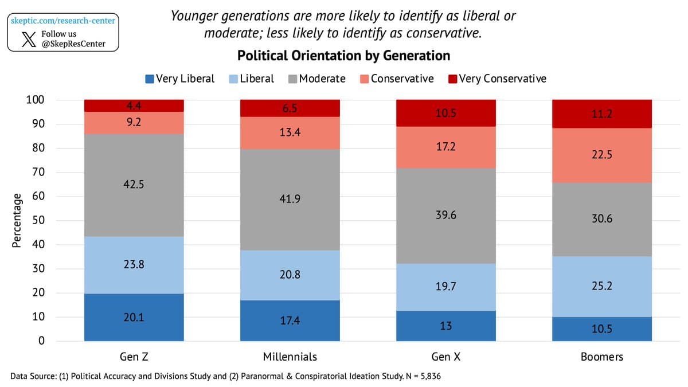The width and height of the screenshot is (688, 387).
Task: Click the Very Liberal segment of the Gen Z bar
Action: (x=134, y=317)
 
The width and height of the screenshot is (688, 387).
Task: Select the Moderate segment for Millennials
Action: (x=290, y=200)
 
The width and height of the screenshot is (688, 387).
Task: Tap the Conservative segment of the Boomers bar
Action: (x=601, y=155)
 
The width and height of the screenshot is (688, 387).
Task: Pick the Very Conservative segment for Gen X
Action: (x=445, y=113)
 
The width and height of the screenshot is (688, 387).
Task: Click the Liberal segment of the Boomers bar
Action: (x=601, y=286)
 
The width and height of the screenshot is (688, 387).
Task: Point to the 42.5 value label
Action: (x=134, y=185)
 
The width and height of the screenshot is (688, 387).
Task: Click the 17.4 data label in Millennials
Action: (x=290, y=321)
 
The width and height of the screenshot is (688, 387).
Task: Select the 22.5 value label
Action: (x=601, y=155)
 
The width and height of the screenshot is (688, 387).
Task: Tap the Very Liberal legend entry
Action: (x=180, y=79)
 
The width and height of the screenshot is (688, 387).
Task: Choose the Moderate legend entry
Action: (x=316, y=79)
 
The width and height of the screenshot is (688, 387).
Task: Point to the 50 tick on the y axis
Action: (x=36, y=221)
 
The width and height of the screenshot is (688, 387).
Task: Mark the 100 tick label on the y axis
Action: (x=34, y=100)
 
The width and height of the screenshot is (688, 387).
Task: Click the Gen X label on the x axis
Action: (x=445, y=357)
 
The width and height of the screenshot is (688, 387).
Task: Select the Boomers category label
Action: (x=601, y=357)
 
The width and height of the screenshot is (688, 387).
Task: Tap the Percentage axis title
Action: (x=17, y=221)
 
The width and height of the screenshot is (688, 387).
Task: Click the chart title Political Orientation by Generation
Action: (x=343, y=56)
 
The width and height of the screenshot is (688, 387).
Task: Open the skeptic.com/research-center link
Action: (x=63, y=21)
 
